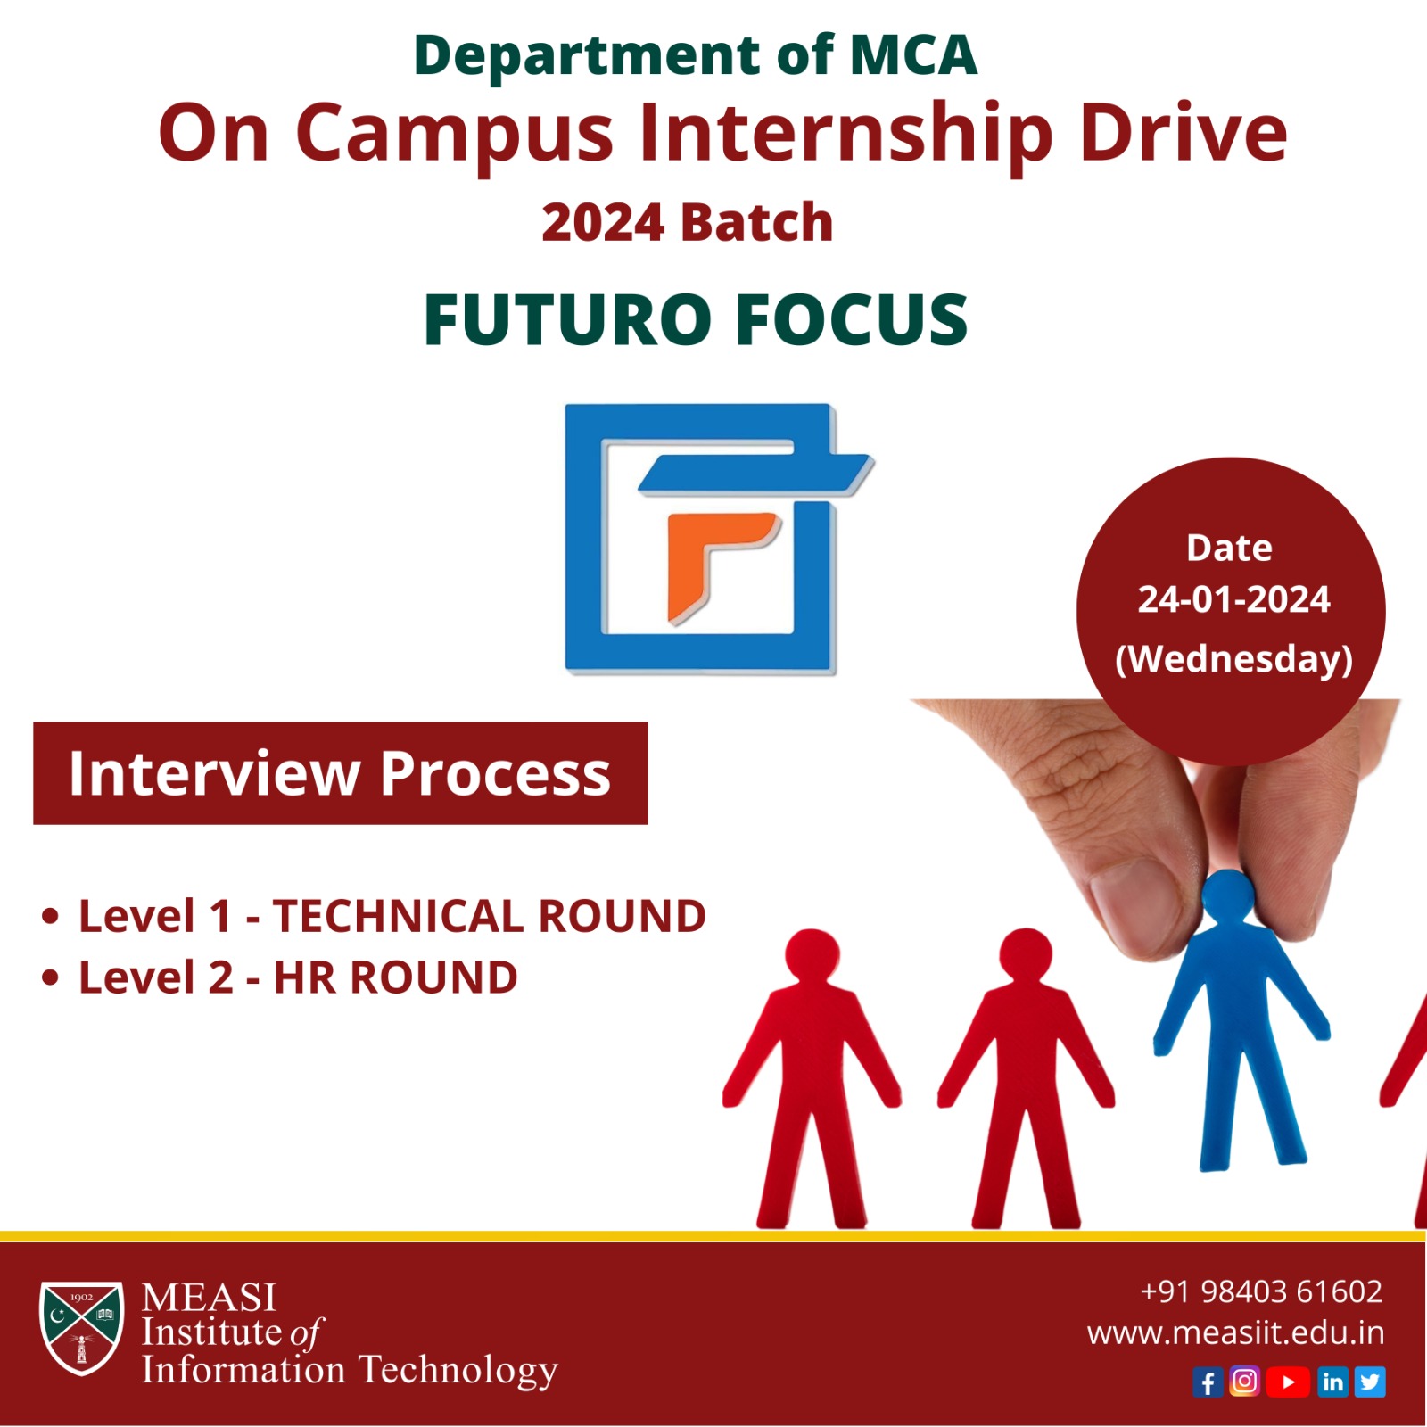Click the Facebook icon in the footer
coord(1208,1382)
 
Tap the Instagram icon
coord(1244,1382)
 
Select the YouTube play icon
coord(1288,1382)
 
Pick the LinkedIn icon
coord(1332,1382)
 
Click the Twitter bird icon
coord(1370,1382)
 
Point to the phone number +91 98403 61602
coord(1261,1291)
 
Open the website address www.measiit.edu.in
coord(1235,1333)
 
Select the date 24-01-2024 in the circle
coord(1233,599)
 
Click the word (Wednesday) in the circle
coord(1233,659)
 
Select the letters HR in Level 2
coord(304,977)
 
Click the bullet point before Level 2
coord(50,977)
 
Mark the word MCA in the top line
coord(913,55)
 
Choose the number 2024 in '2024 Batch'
coord(603,222)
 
